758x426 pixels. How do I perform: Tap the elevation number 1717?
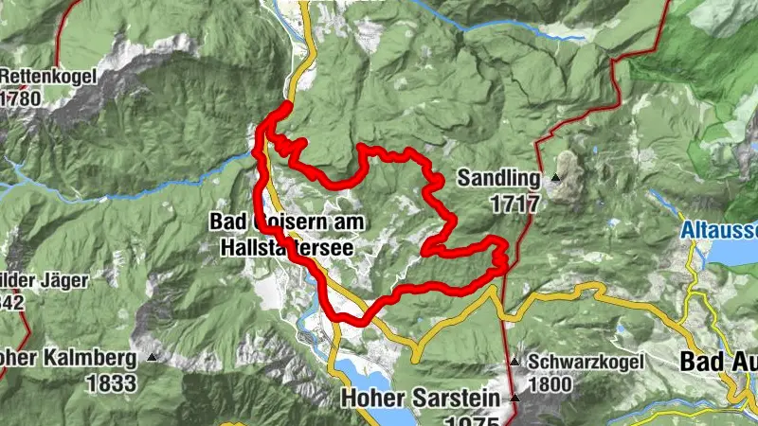point(514,203)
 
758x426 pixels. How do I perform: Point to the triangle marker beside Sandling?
point(555,177)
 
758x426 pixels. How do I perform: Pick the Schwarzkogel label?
point(587,362)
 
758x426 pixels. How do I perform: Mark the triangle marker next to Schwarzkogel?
point(514,362)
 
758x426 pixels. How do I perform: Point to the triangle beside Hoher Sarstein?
point(514,398)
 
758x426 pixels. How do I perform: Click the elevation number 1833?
point(113,382)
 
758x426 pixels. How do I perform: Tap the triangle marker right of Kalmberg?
point(152,358)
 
